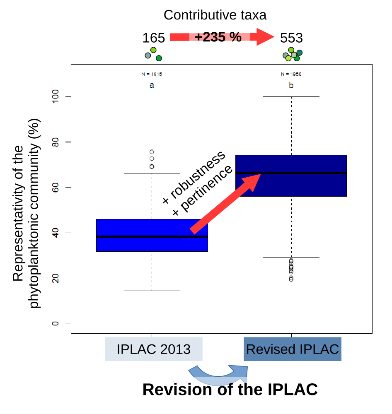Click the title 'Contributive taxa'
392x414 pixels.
click(215, 15)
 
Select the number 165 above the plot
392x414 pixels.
click(154, 38)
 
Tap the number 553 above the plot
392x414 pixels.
click(291, 38)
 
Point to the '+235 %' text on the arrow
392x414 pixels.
click(218, 37)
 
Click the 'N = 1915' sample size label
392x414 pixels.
click(152, 75)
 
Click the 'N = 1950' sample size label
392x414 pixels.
click(291, 75)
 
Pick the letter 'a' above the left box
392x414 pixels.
click(152, 85)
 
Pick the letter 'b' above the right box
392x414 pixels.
click(291, 86)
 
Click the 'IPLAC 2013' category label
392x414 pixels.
click(153, 349)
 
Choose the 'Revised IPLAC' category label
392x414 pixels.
click(293, 349)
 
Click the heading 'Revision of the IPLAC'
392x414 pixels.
click(230, 390)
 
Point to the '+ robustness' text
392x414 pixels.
click(194, 177)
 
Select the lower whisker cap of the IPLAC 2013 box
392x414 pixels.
click(152, 291)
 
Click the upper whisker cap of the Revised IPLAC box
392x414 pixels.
click(291, 96)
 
